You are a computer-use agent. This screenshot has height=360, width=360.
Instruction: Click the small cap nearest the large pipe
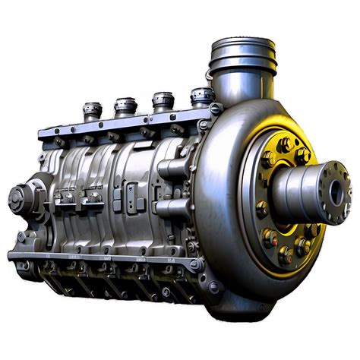point(202,96)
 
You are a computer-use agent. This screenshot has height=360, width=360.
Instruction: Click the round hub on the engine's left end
point(17,198)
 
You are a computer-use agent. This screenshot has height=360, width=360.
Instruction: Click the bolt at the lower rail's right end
point(194,264)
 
